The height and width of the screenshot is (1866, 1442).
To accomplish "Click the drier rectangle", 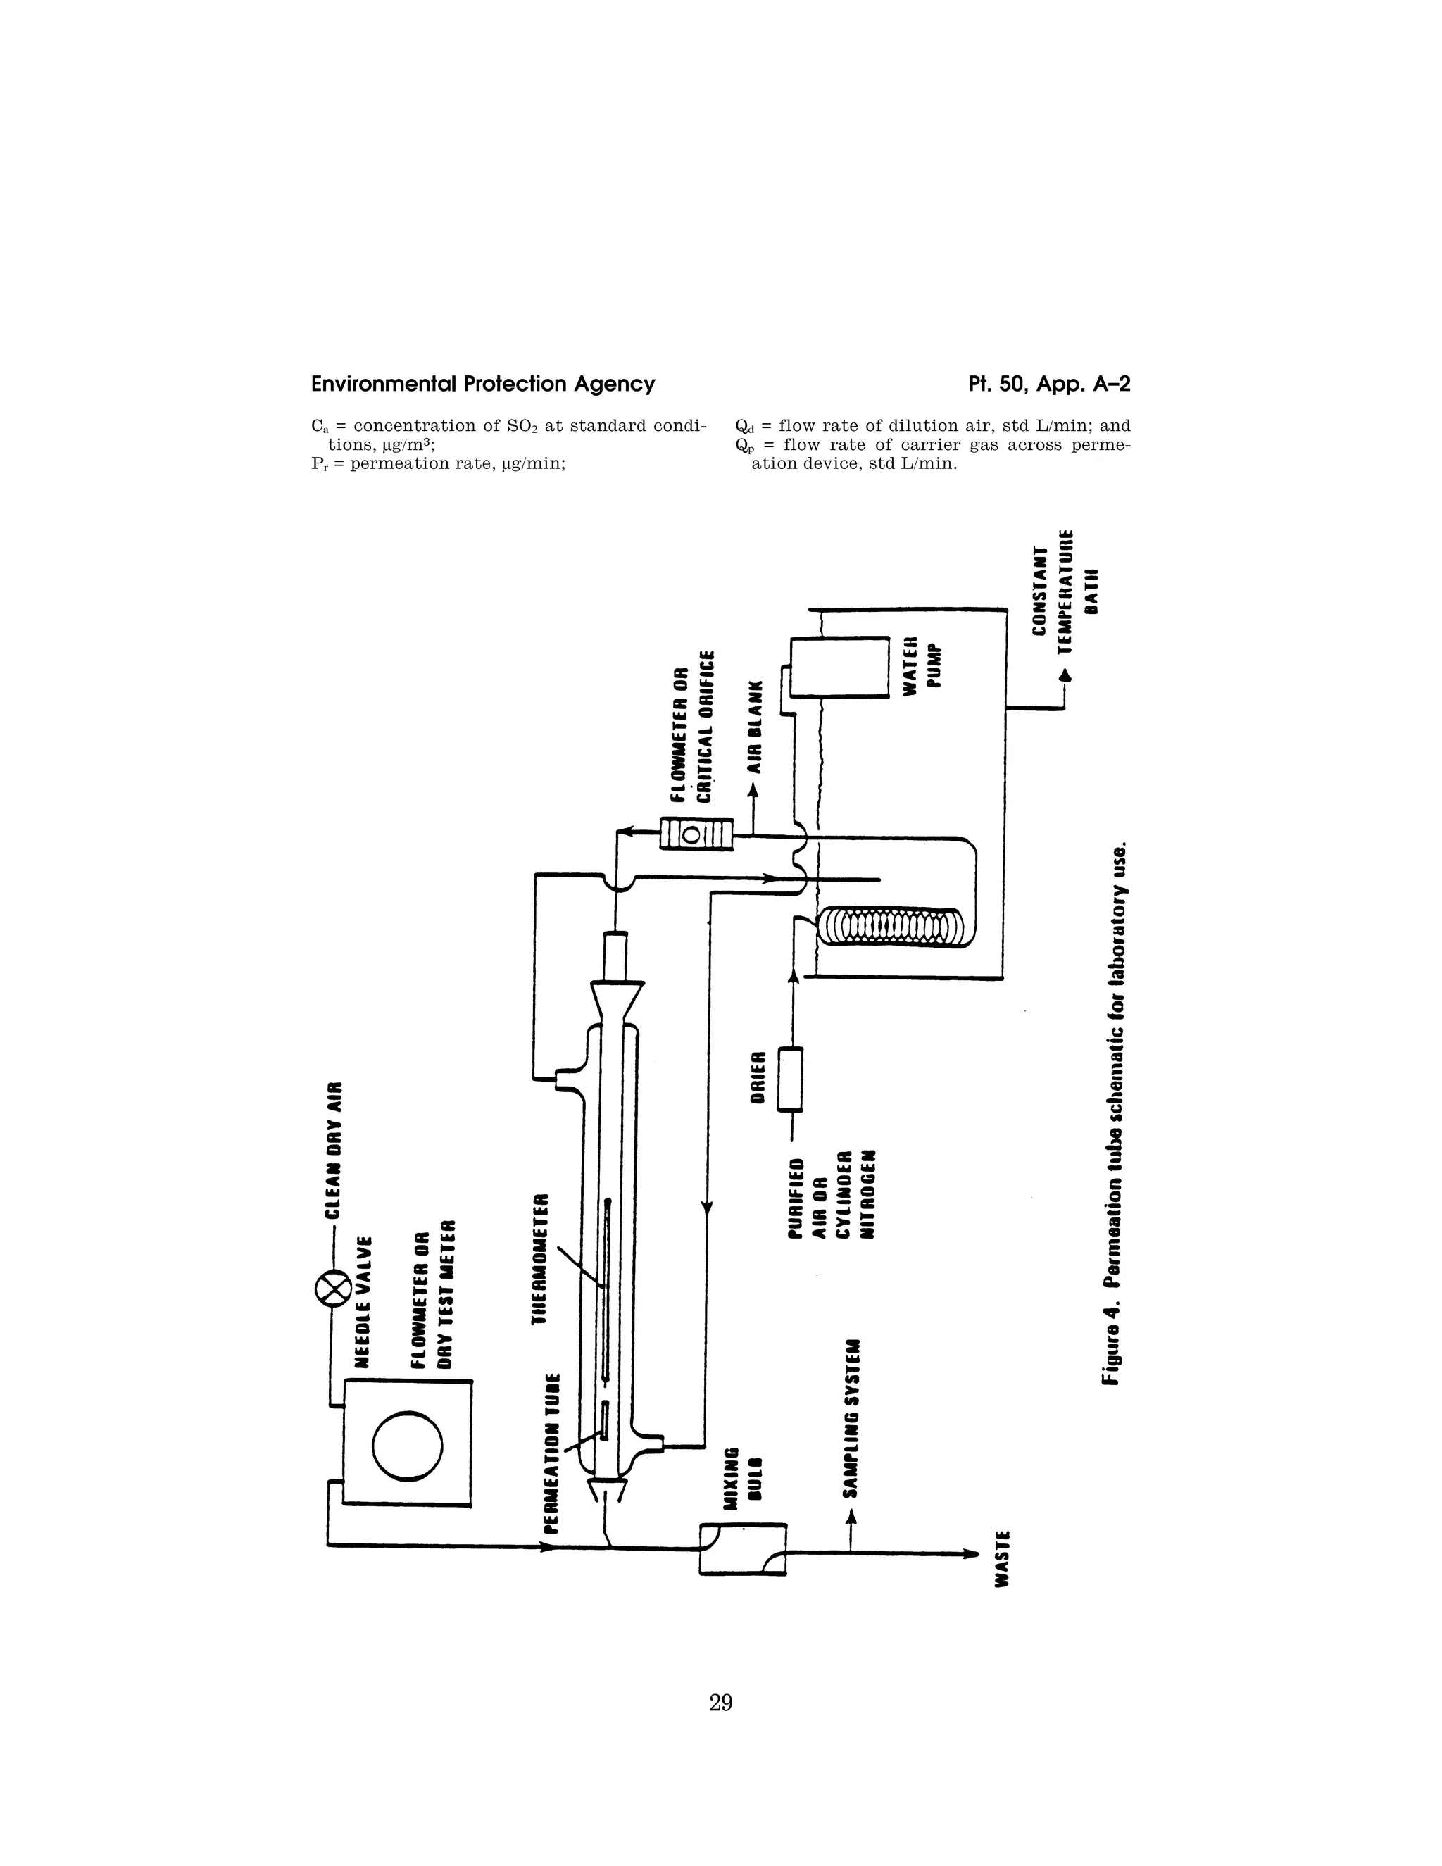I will coord(790,1079).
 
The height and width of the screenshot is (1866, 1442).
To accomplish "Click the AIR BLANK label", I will coord(754,728).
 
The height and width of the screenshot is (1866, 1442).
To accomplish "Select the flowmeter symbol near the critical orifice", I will coord(696,834).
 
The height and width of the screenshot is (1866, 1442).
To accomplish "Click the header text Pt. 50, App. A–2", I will coord(1049,384).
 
